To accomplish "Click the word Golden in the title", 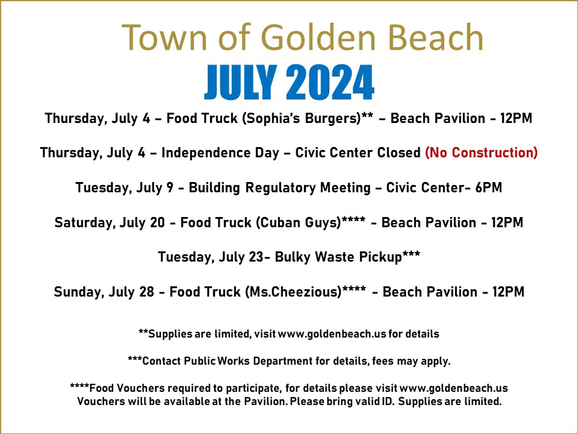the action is pyautogui.click(x=319, y=37).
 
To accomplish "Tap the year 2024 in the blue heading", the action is pyautogui.click(x=330, y=83).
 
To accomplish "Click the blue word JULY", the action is pyautogui.click(x=240, y=83).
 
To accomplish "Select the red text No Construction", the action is pyautogui.click(x=481, y=153).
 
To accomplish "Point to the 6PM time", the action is pyautogui.click(x=488, y=187).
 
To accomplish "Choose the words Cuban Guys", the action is pyautogui.click(x=298, y=222).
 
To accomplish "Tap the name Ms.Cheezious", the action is pyautogui.click(x=293, y=292).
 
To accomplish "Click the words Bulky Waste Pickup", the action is pyautogui.click(x=338, y=257).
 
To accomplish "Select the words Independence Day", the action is pyautogui.click(x=220, y=153).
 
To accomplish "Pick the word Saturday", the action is pyautogui.click(x=84, y=223).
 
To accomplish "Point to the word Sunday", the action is pyautogui.click(x=79, y=292).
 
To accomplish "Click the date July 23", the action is pyautogui.click(x=241, y=257).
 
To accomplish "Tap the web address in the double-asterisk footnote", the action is pyautogui.click(x=332, y=334).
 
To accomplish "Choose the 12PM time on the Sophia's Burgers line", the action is pyautogui.click(x=516, y=119).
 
